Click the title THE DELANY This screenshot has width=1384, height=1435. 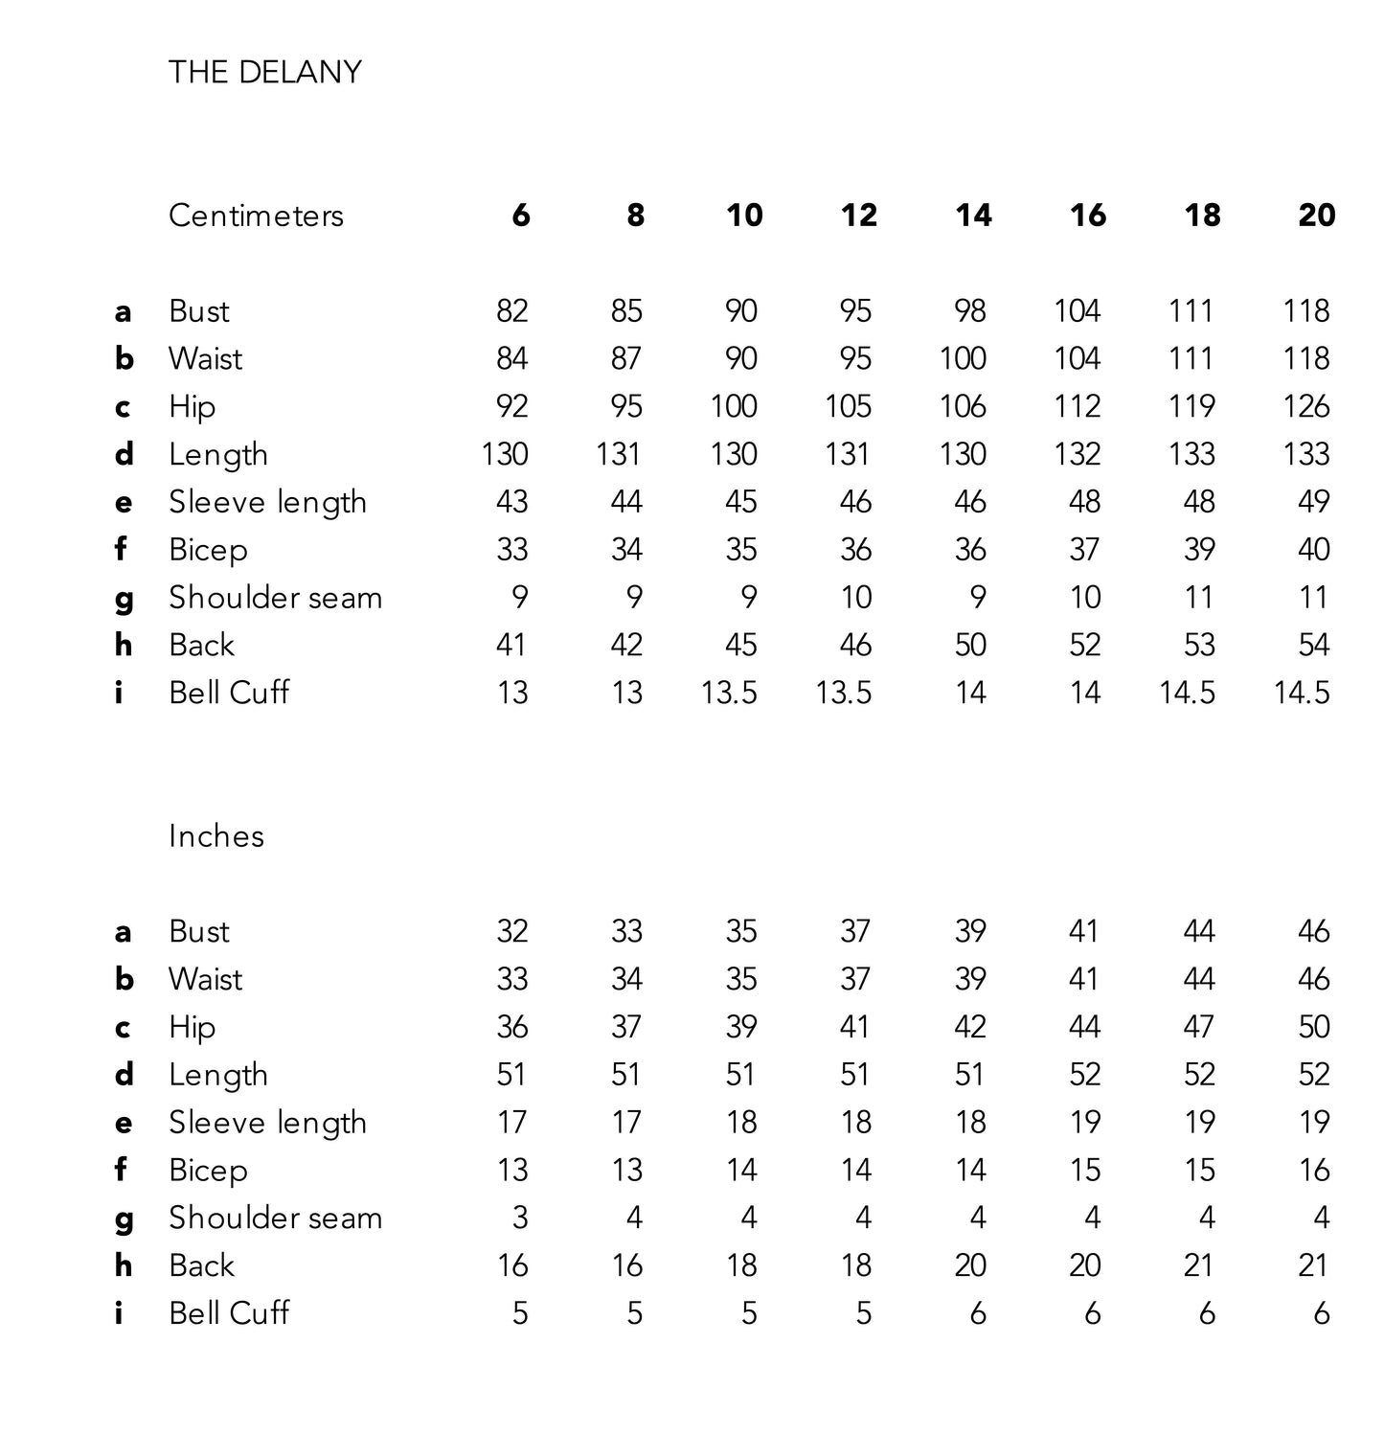(264, 72)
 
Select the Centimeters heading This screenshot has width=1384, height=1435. (256, 216)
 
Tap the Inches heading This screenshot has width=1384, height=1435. (216, 836)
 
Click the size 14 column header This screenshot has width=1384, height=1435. (972, 216)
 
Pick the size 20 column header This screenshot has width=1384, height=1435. (1316, 216)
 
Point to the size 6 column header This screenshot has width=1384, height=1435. (520, 216)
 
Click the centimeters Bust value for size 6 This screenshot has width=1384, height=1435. (512, 310)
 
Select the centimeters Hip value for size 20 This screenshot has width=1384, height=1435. (1306, 406)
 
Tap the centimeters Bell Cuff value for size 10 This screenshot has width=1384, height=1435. (729, 693)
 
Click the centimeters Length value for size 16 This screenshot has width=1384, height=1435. (1078, 454)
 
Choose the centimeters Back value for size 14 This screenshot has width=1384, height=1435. (970, 645)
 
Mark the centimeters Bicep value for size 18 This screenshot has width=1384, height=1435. (1199, 549)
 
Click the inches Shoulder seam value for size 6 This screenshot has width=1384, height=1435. (520, 1218)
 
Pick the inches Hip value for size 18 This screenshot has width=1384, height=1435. (1199, 1027)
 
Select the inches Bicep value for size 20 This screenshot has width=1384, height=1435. (1314, 1170)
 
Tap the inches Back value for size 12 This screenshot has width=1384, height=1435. (855, 1265)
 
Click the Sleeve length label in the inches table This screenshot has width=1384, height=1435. (268, 1123)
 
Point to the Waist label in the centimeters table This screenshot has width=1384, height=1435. (205, 358)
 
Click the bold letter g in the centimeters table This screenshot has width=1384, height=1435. (124, 600)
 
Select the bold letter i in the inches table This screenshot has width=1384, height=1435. (119, 1312)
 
